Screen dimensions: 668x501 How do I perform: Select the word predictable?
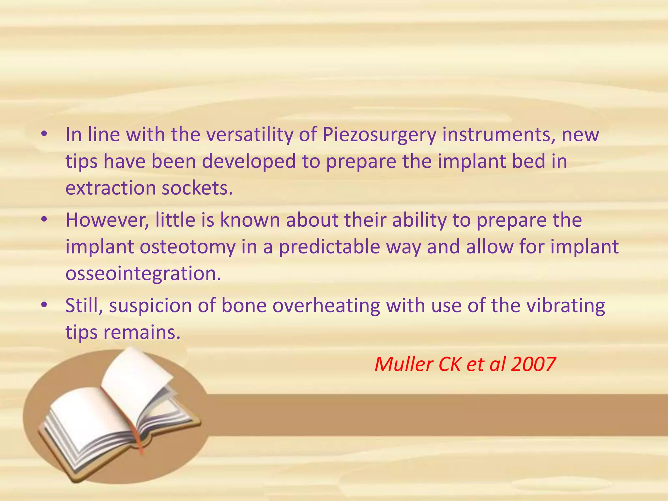(329, 247)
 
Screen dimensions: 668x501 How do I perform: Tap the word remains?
(142, 333)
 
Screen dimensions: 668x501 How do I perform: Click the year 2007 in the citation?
(533, 365)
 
